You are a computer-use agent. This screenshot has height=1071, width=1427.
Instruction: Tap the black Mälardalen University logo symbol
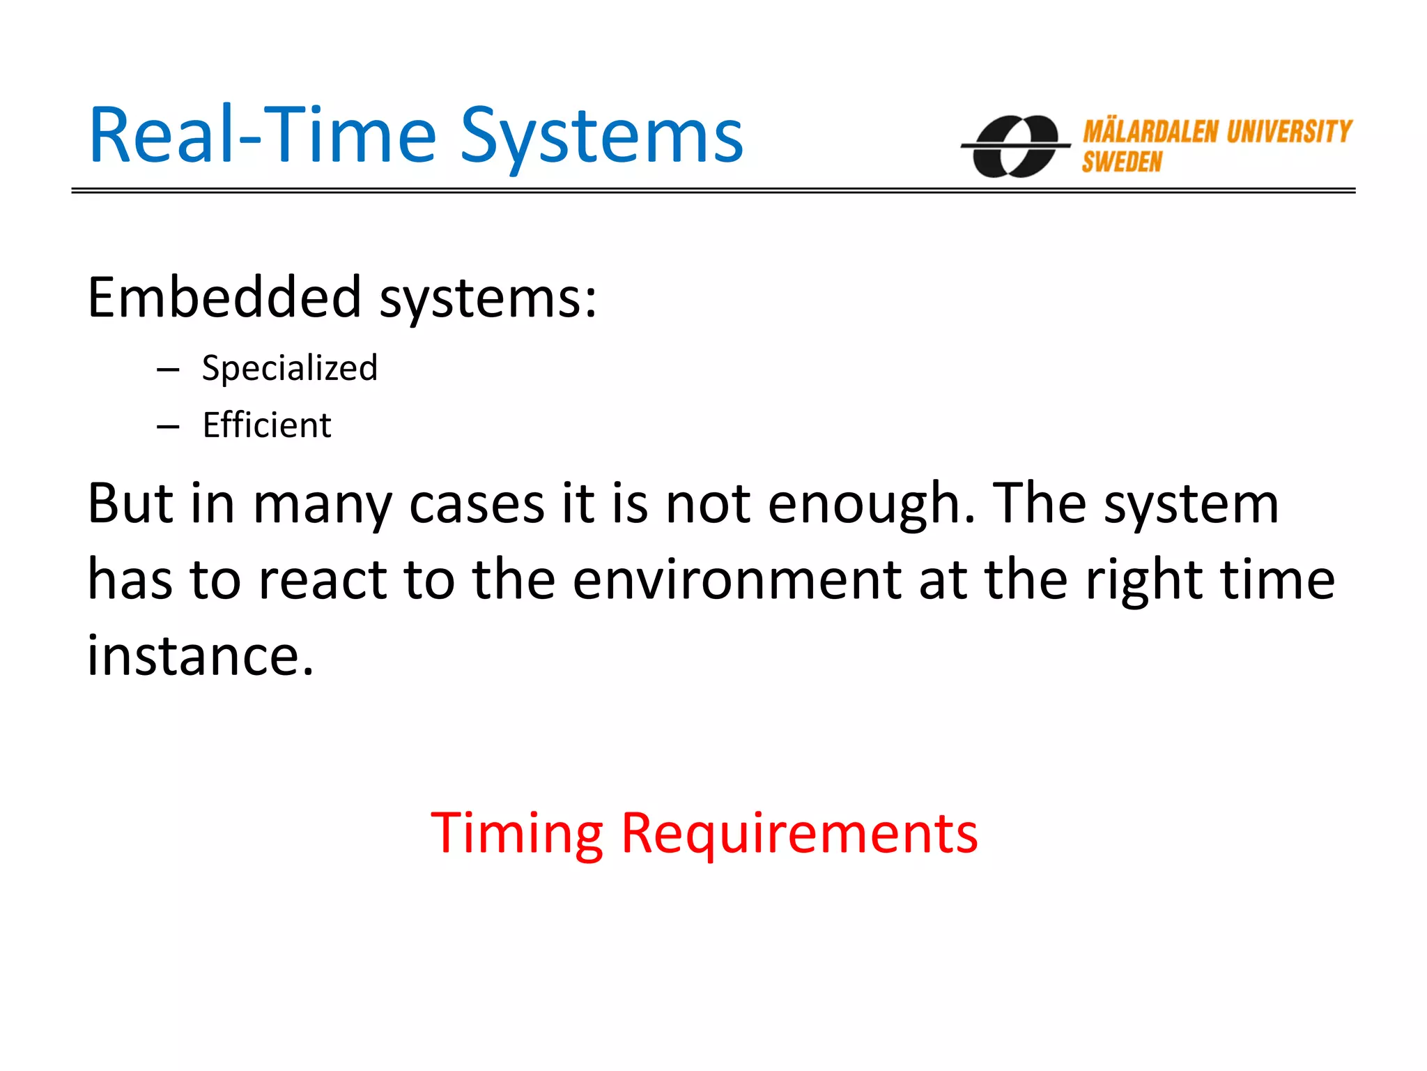tap(1015, 146)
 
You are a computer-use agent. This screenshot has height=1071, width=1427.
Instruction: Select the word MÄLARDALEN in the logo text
tap(1150, 132)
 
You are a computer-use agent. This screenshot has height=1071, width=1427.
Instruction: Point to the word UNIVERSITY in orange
tap(1289, 131)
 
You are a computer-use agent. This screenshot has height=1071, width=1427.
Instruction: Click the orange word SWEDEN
tap(1122, 162)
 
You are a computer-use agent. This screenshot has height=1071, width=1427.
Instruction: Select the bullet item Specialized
tap(289, 368)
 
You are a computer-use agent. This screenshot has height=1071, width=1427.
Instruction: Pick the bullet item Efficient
tap(267, 425)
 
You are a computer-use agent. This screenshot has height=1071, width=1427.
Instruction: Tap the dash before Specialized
tap(168, 370)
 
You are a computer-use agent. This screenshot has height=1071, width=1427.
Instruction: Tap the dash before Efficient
tap(168, 427)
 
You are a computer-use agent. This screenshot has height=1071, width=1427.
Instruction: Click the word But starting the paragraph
tap(130, 503)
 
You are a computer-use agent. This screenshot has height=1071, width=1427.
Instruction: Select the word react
tap(323, 580)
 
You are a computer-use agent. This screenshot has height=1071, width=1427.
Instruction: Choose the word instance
tap(199, 656)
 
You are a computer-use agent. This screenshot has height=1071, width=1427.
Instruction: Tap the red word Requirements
tap(799, 835)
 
